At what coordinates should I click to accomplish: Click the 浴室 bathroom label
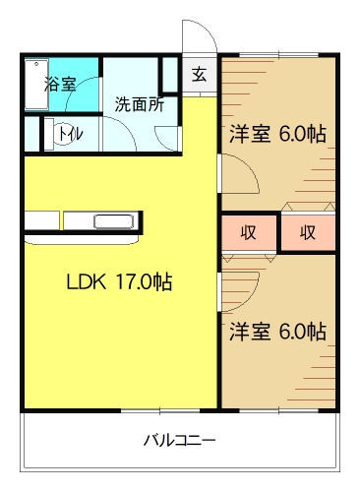coord(60,84)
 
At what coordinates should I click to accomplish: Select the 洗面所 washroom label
coord(139,103)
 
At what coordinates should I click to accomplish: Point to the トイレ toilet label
coord(69,134)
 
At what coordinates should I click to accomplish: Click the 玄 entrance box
coord(199,75)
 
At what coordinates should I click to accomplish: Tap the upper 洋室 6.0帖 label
coord(278,134)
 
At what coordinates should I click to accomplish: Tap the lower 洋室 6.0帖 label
coord(278,331)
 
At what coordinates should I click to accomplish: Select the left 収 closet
coord(249,232)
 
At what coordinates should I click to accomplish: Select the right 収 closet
coord(307,232)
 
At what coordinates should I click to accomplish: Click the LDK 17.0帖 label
coord(119,282)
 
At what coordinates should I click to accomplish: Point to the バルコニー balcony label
coord(179,439)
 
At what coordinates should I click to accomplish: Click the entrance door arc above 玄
coord(197,39)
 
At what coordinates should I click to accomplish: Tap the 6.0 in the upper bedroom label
coord(294,134)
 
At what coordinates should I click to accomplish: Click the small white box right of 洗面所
coord(170,75)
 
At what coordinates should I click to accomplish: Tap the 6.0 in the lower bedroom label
coord(294,331)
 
